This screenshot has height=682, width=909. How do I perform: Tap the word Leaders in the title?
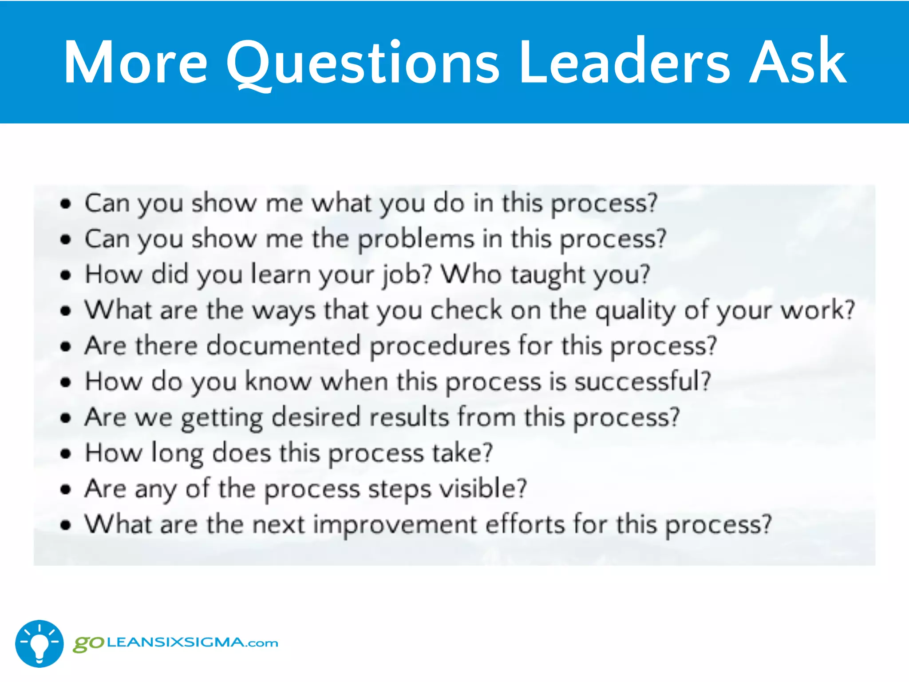624,62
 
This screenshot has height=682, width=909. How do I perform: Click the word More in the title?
136,62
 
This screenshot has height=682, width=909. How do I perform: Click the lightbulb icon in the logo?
40,643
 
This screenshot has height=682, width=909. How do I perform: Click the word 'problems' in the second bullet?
416,240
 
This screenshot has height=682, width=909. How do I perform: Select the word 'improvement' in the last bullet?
395,524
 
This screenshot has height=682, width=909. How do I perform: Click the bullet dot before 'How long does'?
66,454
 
